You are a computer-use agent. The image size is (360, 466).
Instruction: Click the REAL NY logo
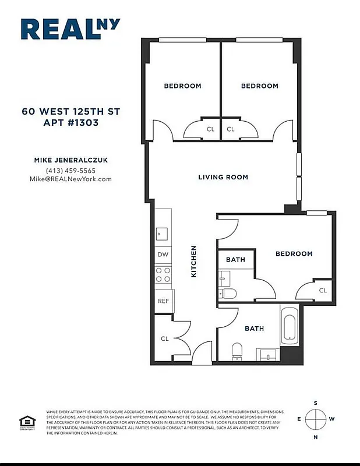tap(70, 29)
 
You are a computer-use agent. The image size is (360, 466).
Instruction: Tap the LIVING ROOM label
tap(223, 177)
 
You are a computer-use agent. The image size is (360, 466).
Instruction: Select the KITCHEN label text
tap(194, 261)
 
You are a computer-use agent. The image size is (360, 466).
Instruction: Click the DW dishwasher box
tap(164, 255)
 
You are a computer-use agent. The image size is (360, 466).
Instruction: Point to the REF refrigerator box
tap(164, 301)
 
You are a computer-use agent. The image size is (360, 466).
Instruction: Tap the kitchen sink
tap(161, 234)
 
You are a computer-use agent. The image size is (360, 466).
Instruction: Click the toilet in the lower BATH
tap(237, 350)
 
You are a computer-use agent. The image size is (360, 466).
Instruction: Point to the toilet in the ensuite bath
tap(229, 293)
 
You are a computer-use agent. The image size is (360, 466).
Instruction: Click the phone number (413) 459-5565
tap(70, 171)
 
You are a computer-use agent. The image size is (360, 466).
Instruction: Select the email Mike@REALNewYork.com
tap(70, 179)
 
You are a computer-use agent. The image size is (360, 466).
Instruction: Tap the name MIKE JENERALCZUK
tap(70, 160)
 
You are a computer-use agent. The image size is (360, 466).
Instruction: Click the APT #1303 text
tap(70, 123)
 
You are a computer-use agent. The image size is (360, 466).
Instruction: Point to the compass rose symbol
tap(316, 419)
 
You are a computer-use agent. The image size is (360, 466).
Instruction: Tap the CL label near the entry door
tap(164, 338)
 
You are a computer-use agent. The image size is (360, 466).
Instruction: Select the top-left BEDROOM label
tap(182, 86)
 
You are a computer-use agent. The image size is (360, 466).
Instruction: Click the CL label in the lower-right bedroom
tap(323, 290)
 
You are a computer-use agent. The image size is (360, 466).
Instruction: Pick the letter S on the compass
tap(316, 403)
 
